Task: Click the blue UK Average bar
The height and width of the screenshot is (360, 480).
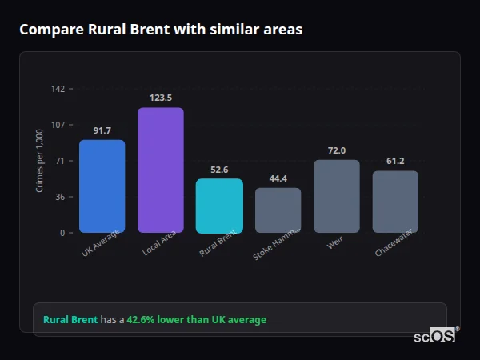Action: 102,186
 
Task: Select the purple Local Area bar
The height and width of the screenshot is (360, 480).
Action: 161,170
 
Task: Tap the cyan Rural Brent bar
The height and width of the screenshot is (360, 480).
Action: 219,206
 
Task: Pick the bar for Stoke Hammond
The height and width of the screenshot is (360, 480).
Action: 278,210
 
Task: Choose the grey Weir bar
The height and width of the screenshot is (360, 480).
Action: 337,196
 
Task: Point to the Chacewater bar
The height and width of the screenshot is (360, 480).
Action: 395,202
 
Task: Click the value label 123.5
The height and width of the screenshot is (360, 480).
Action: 161,98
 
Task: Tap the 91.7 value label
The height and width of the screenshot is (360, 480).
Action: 102,130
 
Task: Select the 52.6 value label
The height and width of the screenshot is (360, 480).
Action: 219,170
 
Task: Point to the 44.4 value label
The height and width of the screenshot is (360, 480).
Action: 278,178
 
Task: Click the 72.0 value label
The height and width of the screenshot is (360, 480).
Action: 337,150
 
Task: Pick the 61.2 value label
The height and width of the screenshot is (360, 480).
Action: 395,161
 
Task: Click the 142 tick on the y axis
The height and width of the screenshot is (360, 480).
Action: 58,89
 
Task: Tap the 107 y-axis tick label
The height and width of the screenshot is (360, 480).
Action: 58,125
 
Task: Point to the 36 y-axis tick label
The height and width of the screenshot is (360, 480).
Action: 60,197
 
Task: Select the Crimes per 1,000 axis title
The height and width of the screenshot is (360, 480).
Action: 40,161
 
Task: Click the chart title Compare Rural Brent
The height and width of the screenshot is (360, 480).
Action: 161,30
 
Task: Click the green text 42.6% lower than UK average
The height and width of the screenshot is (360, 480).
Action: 197,320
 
